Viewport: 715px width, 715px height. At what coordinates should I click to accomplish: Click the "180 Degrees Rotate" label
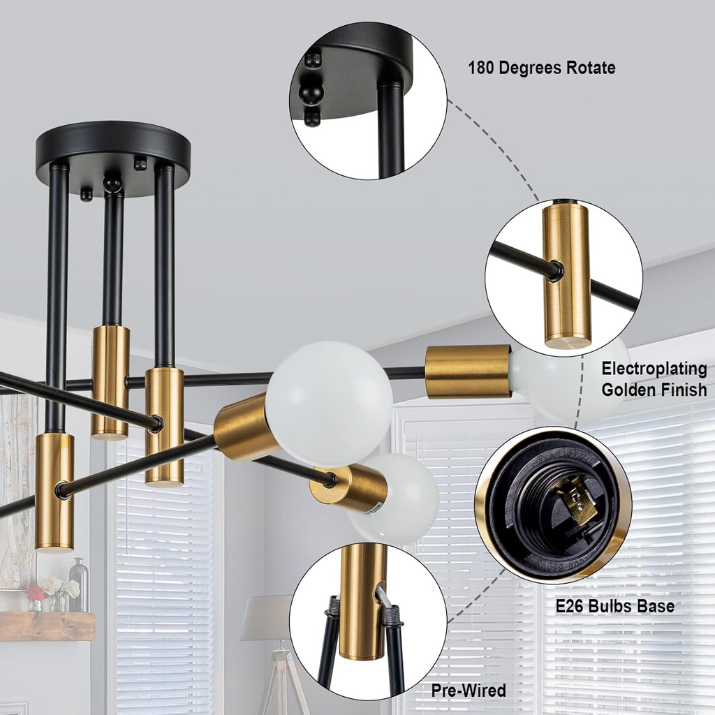[541, 68]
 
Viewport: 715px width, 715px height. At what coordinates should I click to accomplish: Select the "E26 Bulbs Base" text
[614, 605]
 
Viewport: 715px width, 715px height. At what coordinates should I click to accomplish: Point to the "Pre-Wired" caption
[468, 691]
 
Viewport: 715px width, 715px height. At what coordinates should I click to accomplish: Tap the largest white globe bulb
[329, 404]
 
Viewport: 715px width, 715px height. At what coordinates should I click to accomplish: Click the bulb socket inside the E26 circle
[552, 503]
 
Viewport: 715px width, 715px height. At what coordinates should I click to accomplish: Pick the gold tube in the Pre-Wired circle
[362, 600]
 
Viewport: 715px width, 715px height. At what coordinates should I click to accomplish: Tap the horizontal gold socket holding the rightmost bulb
[468, 371]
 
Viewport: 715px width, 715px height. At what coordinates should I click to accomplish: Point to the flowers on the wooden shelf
[52, 589]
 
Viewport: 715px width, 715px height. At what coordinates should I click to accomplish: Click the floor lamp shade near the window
[267, 618]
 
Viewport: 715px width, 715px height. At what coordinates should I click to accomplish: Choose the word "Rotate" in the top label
[591, 68]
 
